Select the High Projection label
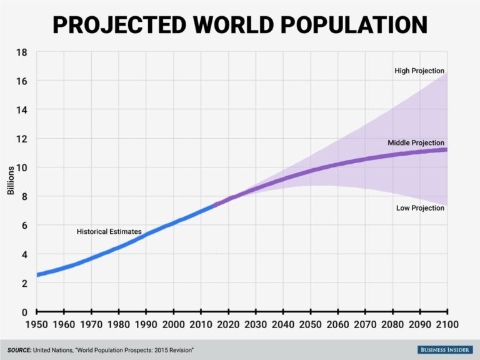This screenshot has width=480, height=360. pos(419,71)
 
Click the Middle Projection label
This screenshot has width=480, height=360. pos(416,143)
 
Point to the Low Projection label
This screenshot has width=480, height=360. pos(420,208)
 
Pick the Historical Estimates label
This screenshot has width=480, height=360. pos(109,232)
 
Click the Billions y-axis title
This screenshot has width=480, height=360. pos(11,181)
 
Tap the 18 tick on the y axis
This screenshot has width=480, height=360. pos(21,52)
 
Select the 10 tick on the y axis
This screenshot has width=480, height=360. pos(21,167)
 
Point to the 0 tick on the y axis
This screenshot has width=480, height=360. pos(24,312)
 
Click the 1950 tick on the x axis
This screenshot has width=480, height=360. pos(36,326)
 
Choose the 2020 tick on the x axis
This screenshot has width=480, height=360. pos(228,326)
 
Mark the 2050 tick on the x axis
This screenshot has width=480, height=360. pos(311,326)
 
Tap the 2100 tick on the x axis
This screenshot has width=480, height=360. pos(446,326)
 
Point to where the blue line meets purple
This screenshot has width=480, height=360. pos(214,204)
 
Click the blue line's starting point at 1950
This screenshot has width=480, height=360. pos(37,274)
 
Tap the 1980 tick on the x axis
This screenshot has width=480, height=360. pos(119,326)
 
